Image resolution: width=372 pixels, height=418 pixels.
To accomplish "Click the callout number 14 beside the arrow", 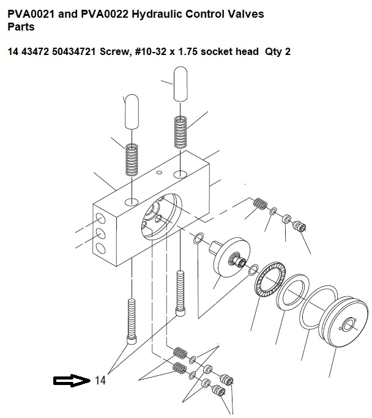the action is click(100, 380).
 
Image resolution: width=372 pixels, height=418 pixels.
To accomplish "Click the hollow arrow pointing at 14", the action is click(72, 381).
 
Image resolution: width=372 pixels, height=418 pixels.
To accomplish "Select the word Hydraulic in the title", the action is click(157, 14).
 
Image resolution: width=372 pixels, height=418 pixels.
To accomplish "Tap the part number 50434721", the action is click(74, 51).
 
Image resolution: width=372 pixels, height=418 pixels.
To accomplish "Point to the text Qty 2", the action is click(278, 51).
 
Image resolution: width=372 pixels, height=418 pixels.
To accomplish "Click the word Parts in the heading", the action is click(21, 27).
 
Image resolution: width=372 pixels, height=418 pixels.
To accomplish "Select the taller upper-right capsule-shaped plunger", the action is click(180, 84).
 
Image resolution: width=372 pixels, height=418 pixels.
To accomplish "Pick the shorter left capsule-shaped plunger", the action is click(132, 112).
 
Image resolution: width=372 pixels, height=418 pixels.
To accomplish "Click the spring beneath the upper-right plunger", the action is click(180, 132).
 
